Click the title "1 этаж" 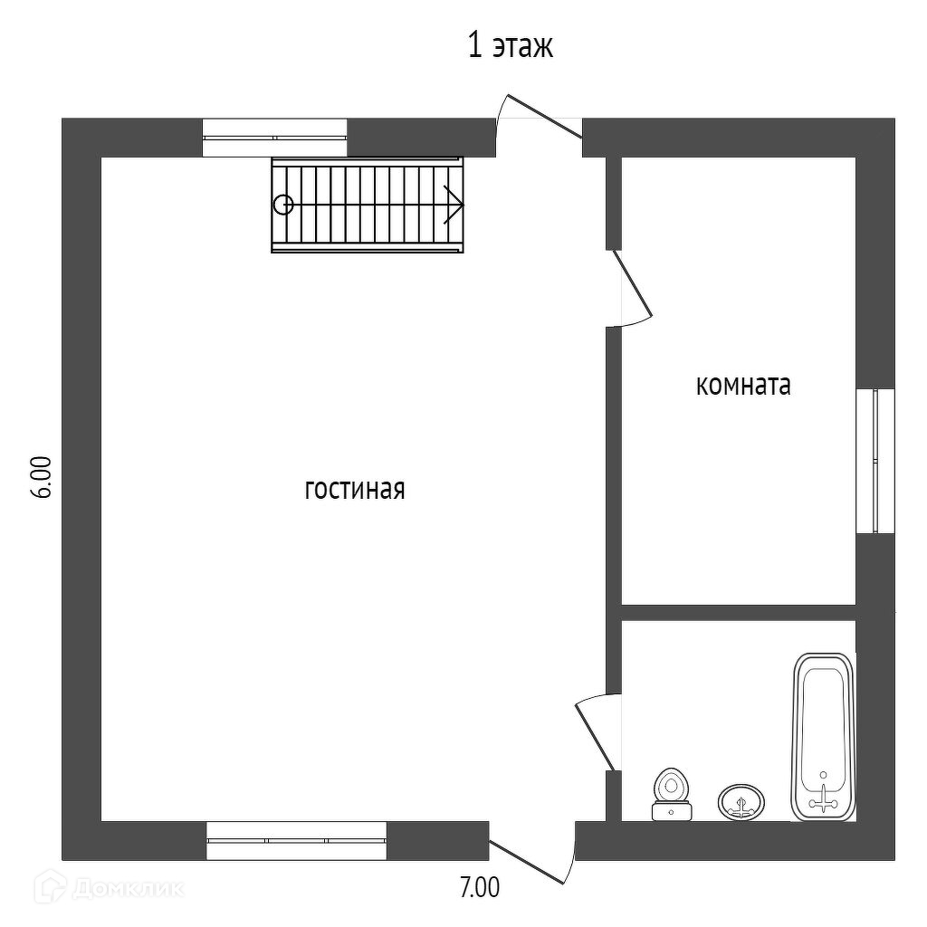coord(510,46)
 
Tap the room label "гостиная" coord(354,490)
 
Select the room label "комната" coord(742,386)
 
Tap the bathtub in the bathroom coord(823,735)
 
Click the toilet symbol coord(671,794)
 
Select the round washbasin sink coord(741,801)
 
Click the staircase coord(367,205)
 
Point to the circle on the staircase coord(283,205)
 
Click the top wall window coord(274,138)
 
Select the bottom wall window coord(296,840)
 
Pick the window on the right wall coord(874,461)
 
